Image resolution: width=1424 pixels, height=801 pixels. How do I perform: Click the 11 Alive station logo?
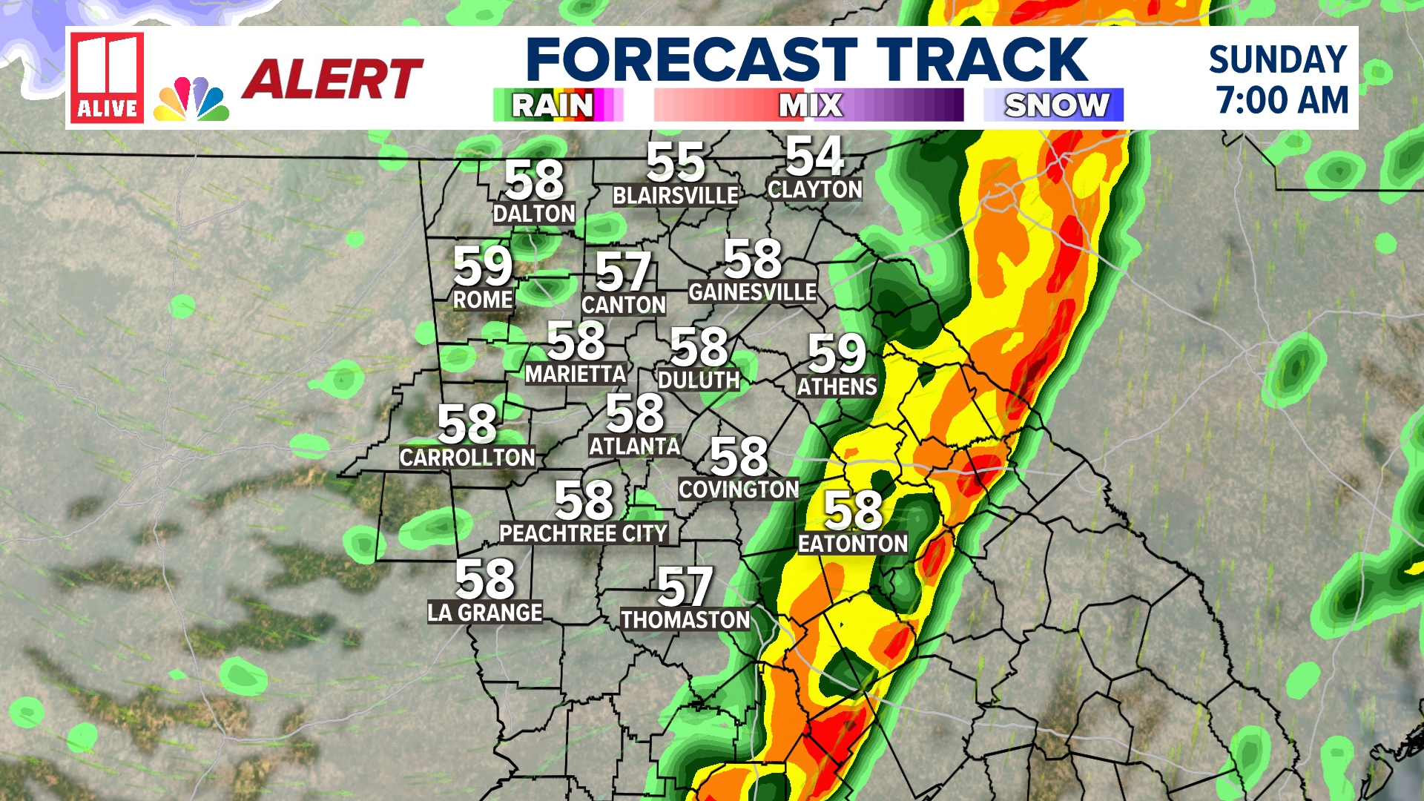click(107, 78)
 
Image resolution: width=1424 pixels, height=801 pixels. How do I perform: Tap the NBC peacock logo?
click(191, 99)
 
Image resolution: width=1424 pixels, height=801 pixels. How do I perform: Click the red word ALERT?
click(332, 79)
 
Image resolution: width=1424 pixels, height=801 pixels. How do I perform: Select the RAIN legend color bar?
click(558, 105)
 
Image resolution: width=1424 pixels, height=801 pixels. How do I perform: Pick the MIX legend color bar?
click(808, 105)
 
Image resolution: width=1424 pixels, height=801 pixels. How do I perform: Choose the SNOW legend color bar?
click(1053, 105)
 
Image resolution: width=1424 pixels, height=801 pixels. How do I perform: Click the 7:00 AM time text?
click(1282, 100)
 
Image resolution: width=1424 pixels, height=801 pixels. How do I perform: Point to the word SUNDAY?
click(1278, 59)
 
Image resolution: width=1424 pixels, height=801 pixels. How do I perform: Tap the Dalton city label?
click(534, 214)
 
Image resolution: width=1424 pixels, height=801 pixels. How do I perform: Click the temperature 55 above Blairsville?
click(675, 162)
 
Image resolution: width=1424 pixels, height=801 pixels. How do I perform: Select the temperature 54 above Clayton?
click(814, 156)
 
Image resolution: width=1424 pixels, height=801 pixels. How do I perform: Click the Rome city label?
click(483, 300)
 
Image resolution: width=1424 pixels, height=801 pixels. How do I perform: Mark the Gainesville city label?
click(752, 292)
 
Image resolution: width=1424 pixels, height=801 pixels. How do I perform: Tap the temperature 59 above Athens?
click(837, 353)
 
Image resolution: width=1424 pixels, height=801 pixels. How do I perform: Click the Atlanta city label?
click(634, 446)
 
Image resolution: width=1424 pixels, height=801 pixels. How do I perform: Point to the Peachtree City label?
click(583, 533)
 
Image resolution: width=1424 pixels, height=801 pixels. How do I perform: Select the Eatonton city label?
click(853, 544)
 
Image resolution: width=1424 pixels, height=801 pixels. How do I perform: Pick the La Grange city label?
click(485, 613)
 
